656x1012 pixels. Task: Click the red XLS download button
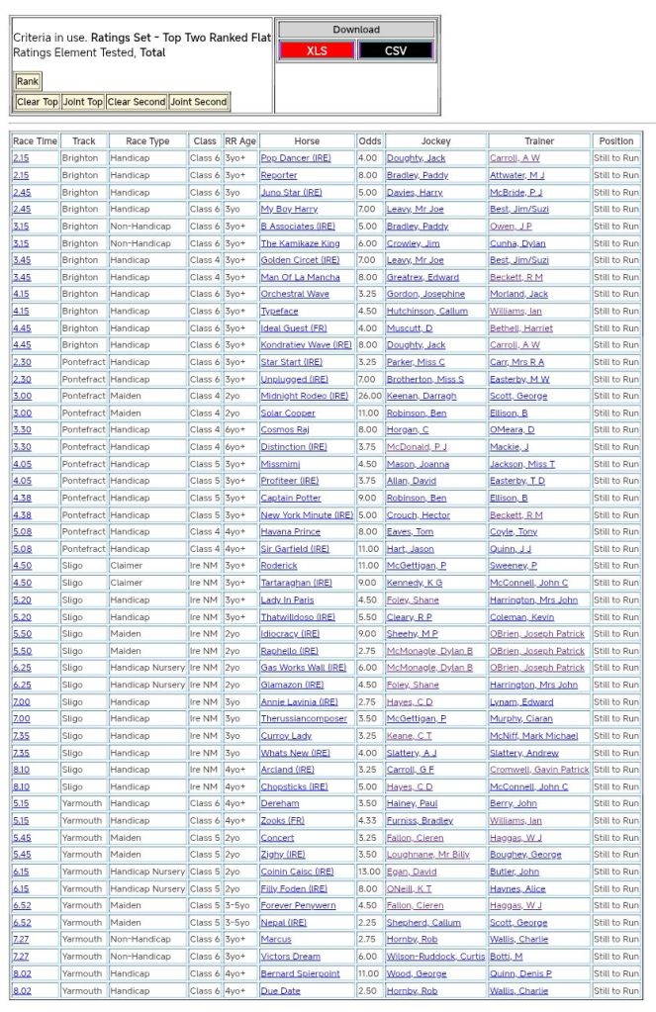point(317,50)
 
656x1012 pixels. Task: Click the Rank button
point(27,81)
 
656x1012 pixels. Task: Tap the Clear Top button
point(38,102)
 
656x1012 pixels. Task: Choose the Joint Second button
point(198,102)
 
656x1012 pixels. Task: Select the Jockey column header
point(435,141)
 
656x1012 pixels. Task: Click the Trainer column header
point(539,141)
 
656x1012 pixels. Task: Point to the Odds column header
point(369,141)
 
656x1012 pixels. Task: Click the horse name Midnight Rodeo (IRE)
point(304,396)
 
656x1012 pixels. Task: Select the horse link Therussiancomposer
point(304,719)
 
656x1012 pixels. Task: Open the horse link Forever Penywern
point(298,906)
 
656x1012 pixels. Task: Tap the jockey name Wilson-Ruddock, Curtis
point(435,957)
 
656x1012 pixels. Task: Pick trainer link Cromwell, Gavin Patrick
point(539,770)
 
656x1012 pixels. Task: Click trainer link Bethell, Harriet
point(519,328)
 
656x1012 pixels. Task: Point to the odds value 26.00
point(369,396)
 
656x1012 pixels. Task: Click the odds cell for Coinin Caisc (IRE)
point(369,872)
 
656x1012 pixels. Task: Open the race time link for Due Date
point(21,990)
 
